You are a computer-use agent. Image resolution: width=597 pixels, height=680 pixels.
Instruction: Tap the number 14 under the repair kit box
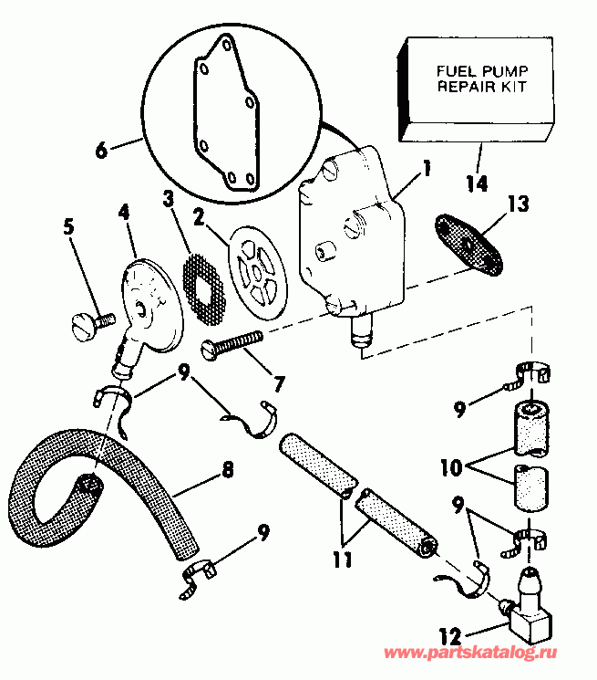[475, 183]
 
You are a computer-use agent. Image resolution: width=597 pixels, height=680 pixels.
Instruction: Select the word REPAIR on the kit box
[462, 89]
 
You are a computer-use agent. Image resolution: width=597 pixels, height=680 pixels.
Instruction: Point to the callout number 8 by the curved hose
[227, 470]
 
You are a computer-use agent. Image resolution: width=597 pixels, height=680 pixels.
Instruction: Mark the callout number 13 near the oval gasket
[518, 204]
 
